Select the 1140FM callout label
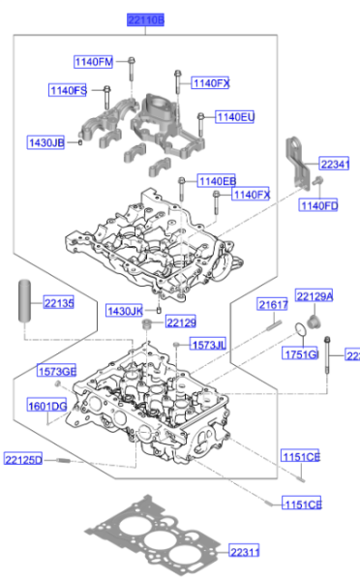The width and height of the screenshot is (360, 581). [x=94, y=63]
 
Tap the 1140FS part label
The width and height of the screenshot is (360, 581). [x=69, y=90]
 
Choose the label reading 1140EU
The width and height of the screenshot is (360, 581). [x=235, y=117]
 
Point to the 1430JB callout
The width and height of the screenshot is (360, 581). [x=45, y=143]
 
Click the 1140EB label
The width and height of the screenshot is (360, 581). [x=217, y=180]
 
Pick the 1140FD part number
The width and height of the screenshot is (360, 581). [x=318, y=205]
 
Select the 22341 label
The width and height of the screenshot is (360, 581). [x=335, y=165]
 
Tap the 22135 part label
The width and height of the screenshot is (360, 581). [x=58, y=303]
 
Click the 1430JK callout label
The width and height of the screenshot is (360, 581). [x=125, y=310]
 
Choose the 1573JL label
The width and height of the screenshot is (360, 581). [x=208, y=345]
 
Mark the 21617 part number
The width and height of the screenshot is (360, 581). [x=273, y=305]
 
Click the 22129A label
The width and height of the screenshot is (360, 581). [x=314, y=296]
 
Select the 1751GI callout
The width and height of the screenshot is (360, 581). [x=300, y=355]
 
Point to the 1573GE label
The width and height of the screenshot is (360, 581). [x=56, y=371]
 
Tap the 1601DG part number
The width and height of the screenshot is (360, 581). [x=46, y=406]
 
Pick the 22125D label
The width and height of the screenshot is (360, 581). [x=23, y=458]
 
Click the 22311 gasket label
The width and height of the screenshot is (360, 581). [x=245, y=552]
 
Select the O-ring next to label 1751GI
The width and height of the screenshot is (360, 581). [x=302, y=333]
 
